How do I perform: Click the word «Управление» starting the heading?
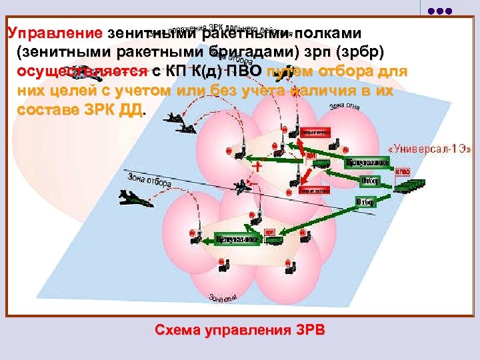pyautogui.click(x=54, y=33)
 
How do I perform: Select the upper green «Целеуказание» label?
pyautogui.click(x=366, y=162)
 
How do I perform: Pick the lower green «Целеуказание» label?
pyautogui.click(x=245, y=237)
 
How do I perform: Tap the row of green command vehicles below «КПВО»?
pyautogui.click(x=408, y=185)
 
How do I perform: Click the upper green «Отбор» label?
pyautogui.click(x=369, y=180)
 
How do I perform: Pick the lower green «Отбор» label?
pyautogui.click(x=366, y=201)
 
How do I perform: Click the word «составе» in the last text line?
pyautogui.click(x=46, y=110)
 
